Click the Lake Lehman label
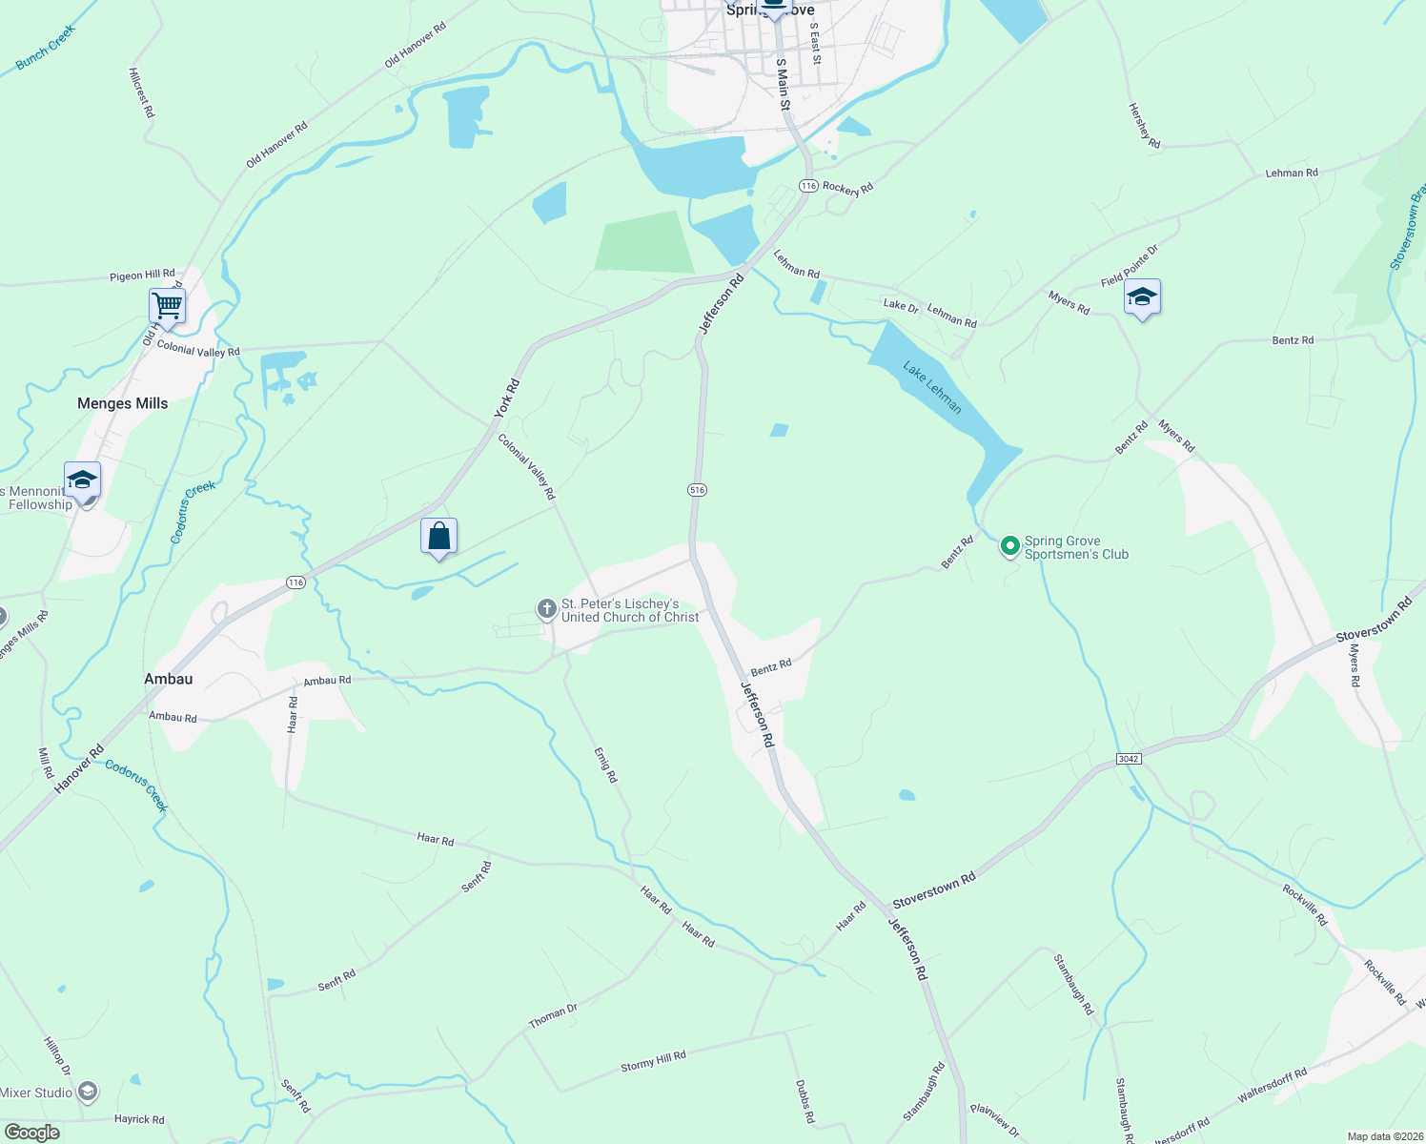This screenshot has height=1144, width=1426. pos(932,387)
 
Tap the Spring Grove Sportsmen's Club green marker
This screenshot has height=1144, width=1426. pos(1009,546)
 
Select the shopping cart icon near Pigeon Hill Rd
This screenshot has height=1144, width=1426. pos(167,306)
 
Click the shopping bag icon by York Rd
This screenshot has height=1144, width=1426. pos(438,536)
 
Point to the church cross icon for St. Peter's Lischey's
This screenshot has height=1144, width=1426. pos(546,608)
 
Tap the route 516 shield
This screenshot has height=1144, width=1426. pos(697,490)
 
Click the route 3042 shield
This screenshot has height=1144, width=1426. pos(1128,759)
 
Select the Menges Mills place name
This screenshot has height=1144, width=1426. pos(122,403)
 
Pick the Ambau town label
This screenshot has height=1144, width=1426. pos(168,679)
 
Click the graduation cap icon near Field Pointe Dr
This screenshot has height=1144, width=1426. pos(1141,297)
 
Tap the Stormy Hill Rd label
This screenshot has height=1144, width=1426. pos(653,1061)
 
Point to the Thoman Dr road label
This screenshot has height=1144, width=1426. pos(553,1016)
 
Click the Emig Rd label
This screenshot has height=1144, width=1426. pos(606,765)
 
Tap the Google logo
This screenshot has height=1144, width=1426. pos(31,1133)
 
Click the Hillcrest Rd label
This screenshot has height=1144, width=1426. pos(141,92)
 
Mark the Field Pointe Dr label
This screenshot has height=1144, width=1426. pos(1130,266)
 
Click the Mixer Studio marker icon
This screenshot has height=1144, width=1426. pos(88,1092)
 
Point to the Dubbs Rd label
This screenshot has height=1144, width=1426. pos(805,1101)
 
